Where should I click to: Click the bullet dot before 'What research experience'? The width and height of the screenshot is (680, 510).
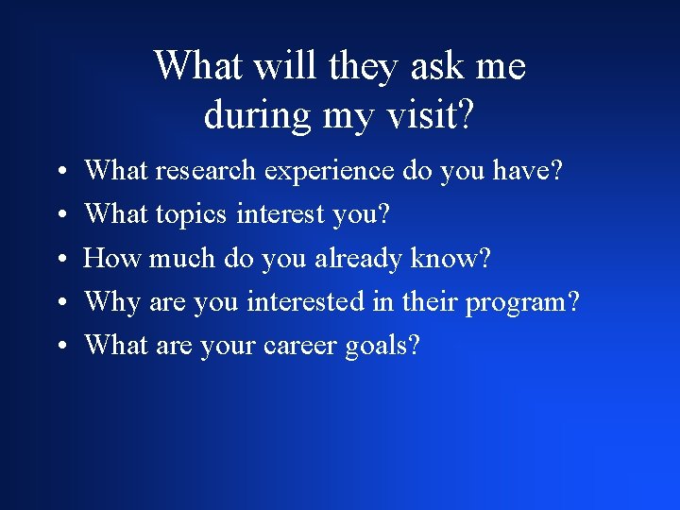coord(59,173)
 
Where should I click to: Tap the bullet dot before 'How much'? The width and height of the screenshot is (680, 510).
coord(59,260)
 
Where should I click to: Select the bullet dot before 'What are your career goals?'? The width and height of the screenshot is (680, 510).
coord(59,348)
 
